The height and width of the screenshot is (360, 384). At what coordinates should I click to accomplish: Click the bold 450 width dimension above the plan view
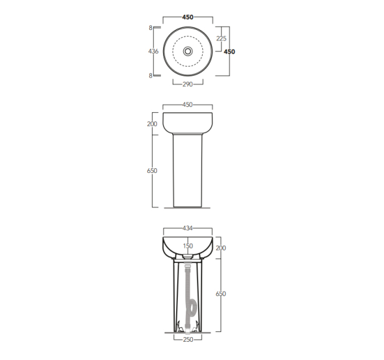(x=188, y=17)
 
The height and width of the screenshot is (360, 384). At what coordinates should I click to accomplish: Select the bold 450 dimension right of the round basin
(x=229, y=52)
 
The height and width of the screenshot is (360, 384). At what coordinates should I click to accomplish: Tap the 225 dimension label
(x=222, y=38)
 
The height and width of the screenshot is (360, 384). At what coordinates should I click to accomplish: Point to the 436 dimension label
(x=153, y=51)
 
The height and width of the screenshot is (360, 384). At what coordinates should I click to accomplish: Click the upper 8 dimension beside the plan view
(x=151, y=28)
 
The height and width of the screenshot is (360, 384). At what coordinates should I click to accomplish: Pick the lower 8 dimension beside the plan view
(x=151, y=76)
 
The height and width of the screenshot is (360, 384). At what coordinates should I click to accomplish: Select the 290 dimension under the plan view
(x=188, y=84)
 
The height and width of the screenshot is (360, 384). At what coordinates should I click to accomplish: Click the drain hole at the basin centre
(x=188, y=51)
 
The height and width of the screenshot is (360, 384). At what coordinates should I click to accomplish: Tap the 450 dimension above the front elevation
(x=188, y=104)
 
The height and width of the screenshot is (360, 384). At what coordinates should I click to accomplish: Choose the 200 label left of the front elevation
(x=152, y=124)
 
